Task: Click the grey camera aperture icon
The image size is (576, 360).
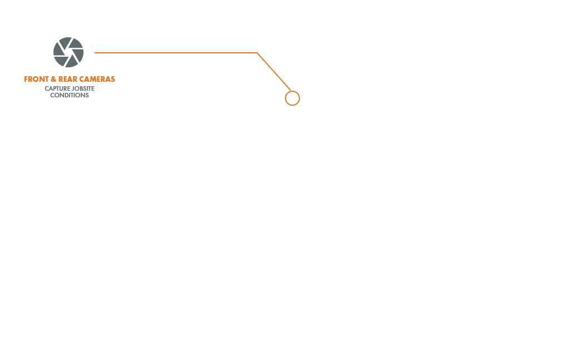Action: (x=68, y=52)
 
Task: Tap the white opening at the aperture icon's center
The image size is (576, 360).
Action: (x=68, y=52)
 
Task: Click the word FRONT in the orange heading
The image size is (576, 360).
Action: (x=36, y=80)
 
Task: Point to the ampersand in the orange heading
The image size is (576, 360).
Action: (x=53, y=80)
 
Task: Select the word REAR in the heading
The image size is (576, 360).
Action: (x=67, y=80)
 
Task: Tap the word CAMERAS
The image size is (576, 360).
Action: (x=97, y=80)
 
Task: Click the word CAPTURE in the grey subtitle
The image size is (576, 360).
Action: (x=57, y=88)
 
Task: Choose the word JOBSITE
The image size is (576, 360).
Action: (x=83, y=88)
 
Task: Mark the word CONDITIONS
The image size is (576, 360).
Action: (x=70, y=95)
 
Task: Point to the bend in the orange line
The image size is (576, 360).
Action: (x=257, y=53)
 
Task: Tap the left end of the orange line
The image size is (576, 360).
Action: (x=95, y=53)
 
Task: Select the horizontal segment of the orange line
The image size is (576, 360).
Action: (x=176, y=53)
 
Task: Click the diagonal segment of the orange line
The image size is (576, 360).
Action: (x=274, y=72)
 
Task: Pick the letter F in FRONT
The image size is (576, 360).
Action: (x=26, y=80)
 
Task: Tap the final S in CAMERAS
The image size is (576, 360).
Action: (x=113, y=80)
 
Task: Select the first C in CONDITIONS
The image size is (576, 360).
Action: (x=52, y=95)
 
